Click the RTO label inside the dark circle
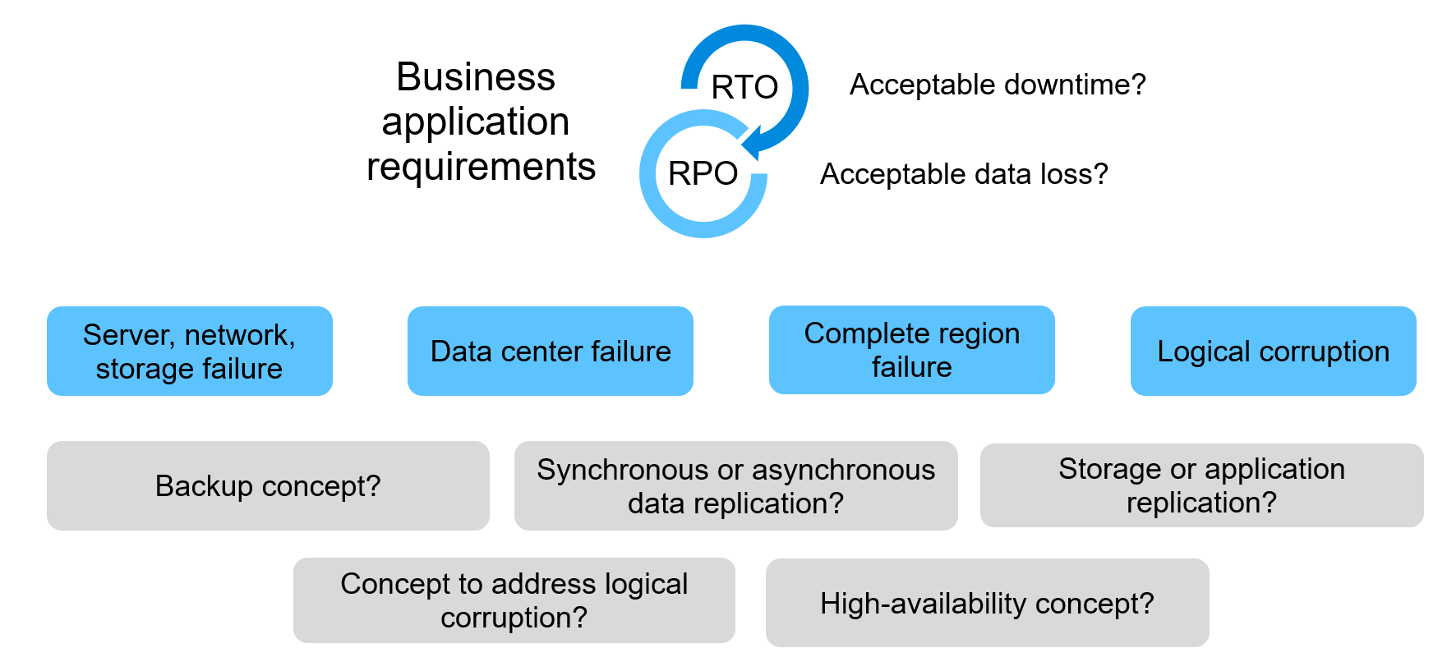click(744, 87)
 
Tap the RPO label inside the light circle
click(703, 173)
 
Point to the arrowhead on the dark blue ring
click(752, 143)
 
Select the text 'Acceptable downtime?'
click(998, 85)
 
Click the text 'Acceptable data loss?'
click(964, 174)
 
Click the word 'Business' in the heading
click(476, 77)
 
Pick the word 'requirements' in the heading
click(481, 167)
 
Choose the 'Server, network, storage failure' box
click(190, 352)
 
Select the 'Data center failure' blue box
click(551, 352)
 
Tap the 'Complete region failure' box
click(911, 350)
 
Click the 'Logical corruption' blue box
click(1273, 352)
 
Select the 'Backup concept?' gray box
click(268, 486)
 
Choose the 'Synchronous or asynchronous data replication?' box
click(735, 486)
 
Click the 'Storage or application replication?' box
click(1201, 485)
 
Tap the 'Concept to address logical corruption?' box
click(514, 600)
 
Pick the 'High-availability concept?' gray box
click(987, 604)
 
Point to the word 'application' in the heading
click(476, 122)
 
